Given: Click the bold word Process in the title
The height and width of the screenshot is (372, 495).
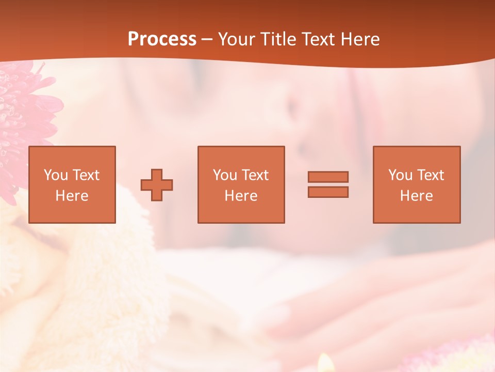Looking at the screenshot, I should click(x=162, y=39).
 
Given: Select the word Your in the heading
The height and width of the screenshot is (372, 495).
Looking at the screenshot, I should click(x=238, y=39).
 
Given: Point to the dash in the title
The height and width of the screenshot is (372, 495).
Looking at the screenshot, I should click(x=207, y=40).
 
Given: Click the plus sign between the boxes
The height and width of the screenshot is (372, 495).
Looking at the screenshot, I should click(x=157, y=184).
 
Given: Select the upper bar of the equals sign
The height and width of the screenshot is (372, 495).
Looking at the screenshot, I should click(x=328, y=177).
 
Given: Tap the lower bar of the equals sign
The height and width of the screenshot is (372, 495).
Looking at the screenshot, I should click(x=328, y=192).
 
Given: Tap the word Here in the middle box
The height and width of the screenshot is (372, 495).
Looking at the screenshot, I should click(x=241, y=196).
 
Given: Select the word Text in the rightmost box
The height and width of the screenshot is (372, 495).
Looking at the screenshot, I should click(x=430, y=175).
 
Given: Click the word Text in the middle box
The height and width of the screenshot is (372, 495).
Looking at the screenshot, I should click(x=255, y=175).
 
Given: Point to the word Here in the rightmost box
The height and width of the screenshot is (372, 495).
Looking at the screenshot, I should click(x=417, y=196).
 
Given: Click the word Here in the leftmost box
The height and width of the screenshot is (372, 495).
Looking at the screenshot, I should click(x=72, y=196).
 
